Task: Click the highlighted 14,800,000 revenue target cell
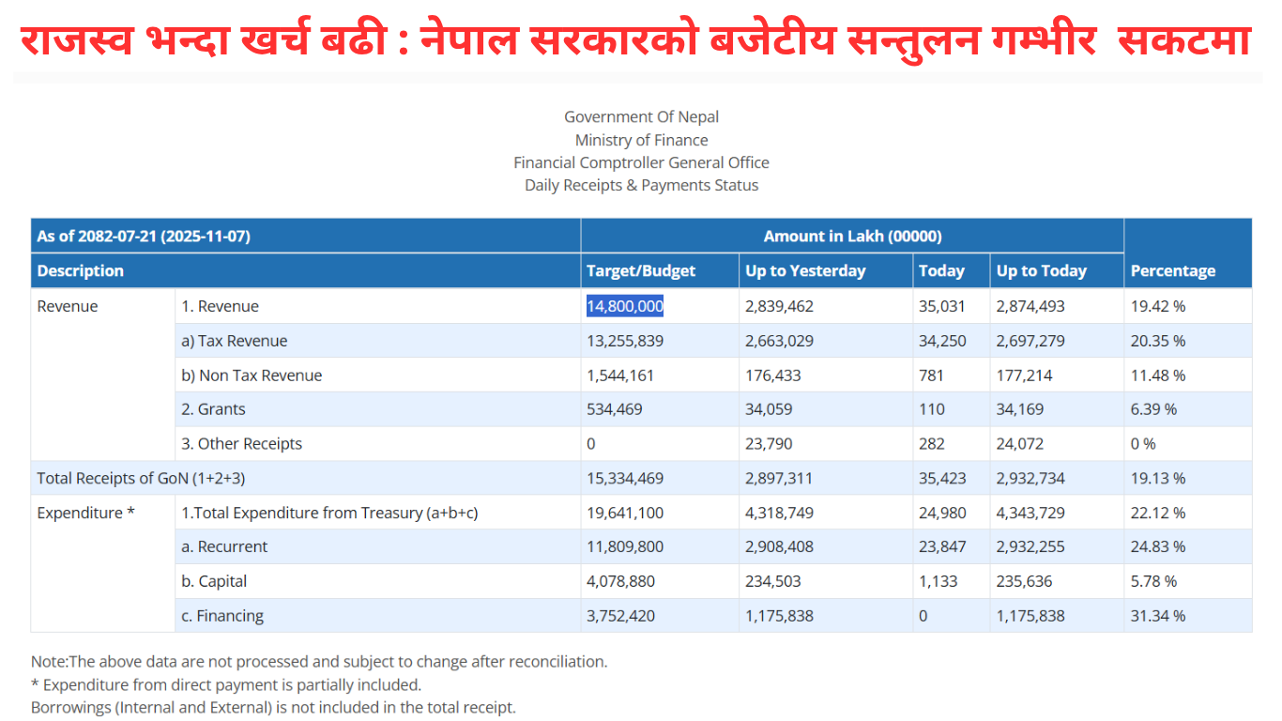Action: pyautogui.click(x=625, y=306)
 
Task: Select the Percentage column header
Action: pyautogui.click(x=1172, y=270)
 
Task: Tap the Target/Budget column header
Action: pyautogui.click(x=641, y=270)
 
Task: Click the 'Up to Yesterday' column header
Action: pyautogui.click(x=805, y=270)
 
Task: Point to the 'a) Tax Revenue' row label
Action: pyautogui.click(x=234, y=341)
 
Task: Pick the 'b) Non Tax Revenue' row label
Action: pyautogui.click(x=251, y=376)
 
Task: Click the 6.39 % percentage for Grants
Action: pyautogui.click(x=1153, y=409)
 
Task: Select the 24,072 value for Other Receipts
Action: pyautogui.click(x=1019, y=444)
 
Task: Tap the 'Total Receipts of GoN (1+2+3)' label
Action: pyautogui.click(x=141, y=478)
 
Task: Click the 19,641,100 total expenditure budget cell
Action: pyautogui.click(x=625, y=513)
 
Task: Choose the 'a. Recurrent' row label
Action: pyautogui.click(x=224, y=546)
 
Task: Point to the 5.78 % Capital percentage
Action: pyautogui.click(x=1153, y=581)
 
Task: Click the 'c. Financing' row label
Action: pyautogui.click(x=222, y=616)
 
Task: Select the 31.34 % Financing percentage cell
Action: pyautogui.click(x=1157, y=616)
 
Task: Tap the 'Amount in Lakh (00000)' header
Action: pyautogui.click(x=852, y=236)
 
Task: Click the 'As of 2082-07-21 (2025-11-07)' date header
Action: pyautogui.click(x=144, y=236)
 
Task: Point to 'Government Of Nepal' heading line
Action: pyautogui.click(x=641, y=117)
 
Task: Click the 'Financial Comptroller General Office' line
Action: pyautogui.click(x=641, y=162)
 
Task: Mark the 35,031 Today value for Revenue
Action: pyautogui.click(x=941, y=306)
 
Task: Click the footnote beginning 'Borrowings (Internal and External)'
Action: pyautogui.click(x=273, y=707)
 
